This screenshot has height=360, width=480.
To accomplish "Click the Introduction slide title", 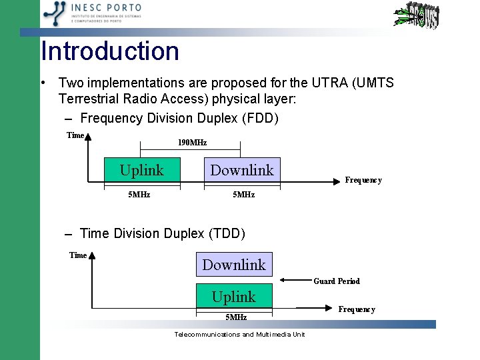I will (x=110, y=51).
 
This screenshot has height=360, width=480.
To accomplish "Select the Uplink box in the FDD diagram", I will (x=141, y=171).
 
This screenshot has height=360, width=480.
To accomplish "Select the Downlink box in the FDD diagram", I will (x=242, y=171).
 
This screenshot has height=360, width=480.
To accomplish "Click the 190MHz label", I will (x=192, y=143).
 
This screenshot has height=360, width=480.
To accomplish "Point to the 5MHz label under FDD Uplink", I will (x=139, y=195).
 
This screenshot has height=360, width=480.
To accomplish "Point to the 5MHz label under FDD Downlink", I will (x=243, y=195).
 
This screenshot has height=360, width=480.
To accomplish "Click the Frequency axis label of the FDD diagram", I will (x=363, y=180).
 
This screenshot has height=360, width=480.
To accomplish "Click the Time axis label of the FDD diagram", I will (x=75, y=135).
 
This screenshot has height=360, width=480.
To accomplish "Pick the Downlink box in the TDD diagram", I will (x=234, y=265).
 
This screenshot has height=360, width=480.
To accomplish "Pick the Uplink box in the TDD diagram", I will (x=234, y=297).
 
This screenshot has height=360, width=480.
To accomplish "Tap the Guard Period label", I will (x=337, y=281).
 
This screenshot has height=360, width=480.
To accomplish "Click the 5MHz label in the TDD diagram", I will (x=236, y=317).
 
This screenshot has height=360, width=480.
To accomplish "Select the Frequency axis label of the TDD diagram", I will (x=357, y=309).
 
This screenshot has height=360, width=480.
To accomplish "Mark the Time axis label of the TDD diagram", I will (x=78, y=255).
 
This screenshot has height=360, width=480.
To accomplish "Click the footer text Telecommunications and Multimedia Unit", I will (x=239, y=334).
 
